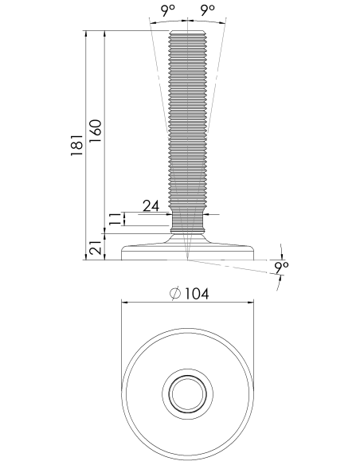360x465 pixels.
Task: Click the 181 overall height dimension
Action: coord(76,145)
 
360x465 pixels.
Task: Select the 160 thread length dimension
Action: coord(96,131)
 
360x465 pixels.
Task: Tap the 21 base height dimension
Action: coord(96,247)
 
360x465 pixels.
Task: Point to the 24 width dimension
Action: coord(151,205)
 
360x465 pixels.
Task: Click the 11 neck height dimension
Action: coord(115,219)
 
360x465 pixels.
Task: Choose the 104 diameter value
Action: coord(197,294)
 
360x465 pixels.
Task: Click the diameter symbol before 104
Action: coord(175,294)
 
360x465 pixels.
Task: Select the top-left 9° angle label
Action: coord(168,10)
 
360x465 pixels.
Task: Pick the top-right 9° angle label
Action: coord(207,10)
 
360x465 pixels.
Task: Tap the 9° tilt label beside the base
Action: coord(281,268)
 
